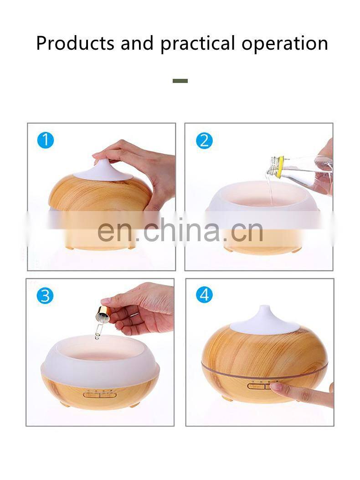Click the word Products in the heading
pyautogui.click(x=75, y=43)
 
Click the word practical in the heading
pyautogui.click(x=198, y=43)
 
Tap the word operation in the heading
pyautogui.click(x=285, y=43)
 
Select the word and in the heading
pyautogui.click(x=137, y=43)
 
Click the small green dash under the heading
pyautogui.click(x=180, y=81)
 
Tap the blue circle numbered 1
pyautogui.click(x=45, y=140)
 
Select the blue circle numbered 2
pyautogui.click(x=204, y=140)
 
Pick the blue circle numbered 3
pyautogui.click(x=45, y=296)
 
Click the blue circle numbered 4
pyautogui.click(x=204, y=295)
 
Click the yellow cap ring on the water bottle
pyautogui.click(x=279, y=167)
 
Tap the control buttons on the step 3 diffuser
pyautogui.click(x=100, y=395)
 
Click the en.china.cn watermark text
pyautogui.click(x=180, y=230)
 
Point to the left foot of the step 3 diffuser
pyautogui.click(x=65, y=404)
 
